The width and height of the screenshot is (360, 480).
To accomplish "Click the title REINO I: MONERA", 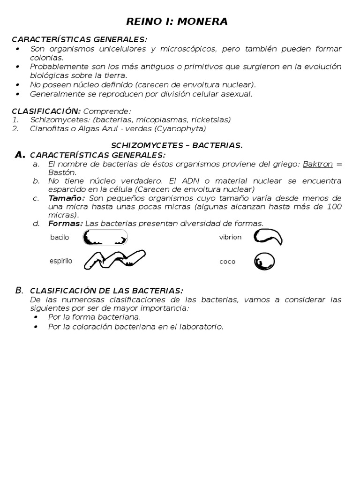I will (177, 22).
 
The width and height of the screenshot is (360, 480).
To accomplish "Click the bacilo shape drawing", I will (105, 238).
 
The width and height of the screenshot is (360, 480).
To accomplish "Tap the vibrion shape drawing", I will (268, 237).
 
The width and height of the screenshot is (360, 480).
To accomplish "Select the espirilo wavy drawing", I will (114, 259).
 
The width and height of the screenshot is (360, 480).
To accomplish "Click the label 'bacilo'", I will (60, 237).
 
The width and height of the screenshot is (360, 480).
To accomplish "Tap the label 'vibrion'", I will (230, 237).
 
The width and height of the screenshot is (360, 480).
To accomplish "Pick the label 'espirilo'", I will (61, 261).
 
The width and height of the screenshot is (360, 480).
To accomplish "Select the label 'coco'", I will (227, 262).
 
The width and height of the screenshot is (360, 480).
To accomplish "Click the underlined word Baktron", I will (318, 164).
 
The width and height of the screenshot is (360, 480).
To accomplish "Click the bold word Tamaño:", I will (66, 198).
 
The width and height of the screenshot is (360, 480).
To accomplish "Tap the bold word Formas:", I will (66, 223).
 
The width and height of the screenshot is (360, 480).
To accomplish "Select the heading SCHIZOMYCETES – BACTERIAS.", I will (177, 145).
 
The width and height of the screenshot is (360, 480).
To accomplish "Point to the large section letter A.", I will (20, 155).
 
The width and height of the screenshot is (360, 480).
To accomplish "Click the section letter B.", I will (19, 290).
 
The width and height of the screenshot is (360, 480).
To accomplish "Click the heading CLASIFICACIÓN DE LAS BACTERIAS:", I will (106, 291).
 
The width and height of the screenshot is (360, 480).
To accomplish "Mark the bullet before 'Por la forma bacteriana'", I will (36, 317).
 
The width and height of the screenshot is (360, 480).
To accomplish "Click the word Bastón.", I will (62, 172).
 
